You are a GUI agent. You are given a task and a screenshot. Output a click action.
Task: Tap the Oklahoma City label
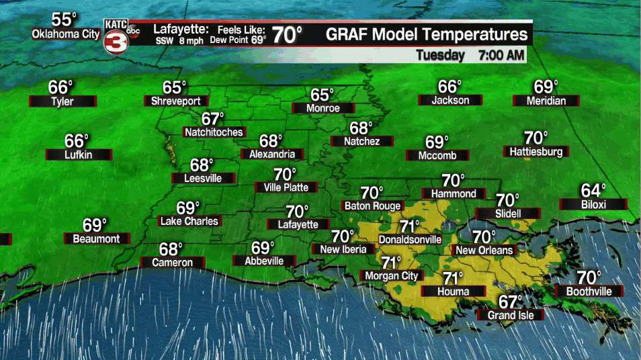point(65,34)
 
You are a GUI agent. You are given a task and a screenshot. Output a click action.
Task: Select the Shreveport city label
point(173,101)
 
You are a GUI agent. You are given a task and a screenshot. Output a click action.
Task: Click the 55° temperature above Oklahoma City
point(65,19)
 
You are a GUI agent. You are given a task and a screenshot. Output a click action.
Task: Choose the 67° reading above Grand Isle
point(510,302)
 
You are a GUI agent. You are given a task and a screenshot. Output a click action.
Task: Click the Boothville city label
point(589,291)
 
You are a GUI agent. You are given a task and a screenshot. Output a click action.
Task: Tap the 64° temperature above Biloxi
point(593,190)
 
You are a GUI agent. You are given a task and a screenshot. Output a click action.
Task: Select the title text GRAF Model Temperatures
point(426,35)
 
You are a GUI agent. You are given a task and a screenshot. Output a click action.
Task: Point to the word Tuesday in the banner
point(440,56)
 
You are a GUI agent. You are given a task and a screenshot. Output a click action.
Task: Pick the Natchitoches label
point(214,132)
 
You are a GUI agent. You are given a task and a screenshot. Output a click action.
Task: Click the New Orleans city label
point(484,251)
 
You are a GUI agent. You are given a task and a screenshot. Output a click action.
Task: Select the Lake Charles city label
point(189,221)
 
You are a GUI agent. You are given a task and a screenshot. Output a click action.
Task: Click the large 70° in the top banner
point(287,34)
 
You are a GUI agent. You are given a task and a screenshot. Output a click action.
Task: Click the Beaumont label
point(96,238)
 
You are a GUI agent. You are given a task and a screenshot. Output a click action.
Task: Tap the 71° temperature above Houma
point(452,278)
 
